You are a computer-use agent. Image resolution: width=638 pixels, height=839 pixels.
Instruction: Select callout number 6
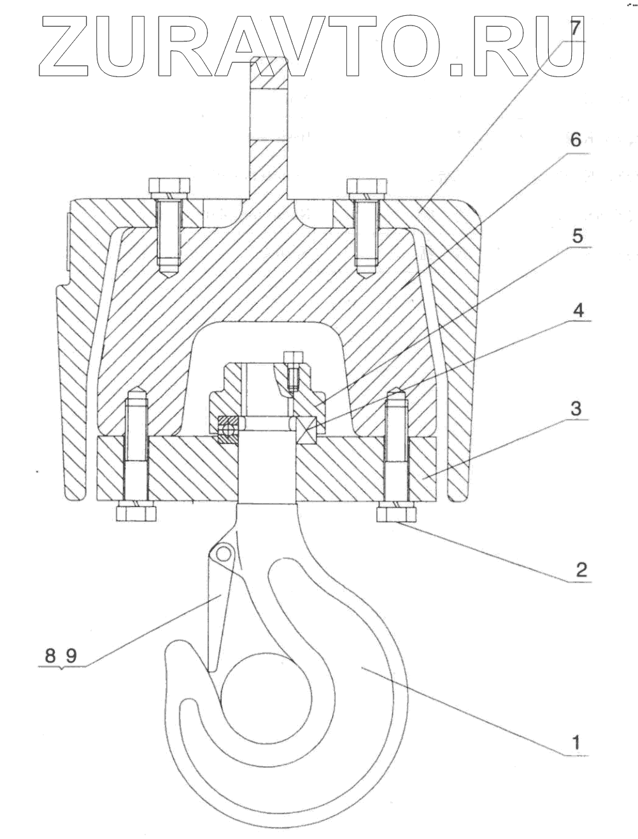tap(576, 140)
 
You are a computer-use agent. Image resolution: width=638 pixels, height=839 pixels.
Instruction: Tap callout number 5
tap(577, 236)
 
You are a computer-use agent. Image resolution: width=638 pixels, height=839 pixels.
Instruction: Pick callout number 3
tap(576, 408)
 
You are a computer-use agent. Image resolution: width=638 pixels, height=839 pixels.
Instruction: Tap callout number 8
tap(50, 656)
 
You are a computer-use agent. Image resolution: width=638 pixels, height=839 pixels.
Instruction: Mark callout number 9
tap(71, 656)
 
